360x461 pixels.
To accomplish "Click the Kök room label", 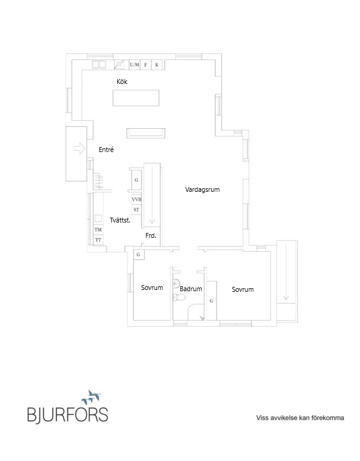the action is (122, 82).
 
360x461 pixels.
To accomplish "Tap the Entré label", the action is (106, 150).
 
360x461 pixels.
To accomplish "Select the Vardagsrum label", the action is (202, 189).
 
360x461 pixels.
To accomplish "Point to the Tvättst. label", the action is (120, 220).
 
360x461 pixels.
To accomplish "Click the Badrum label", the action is (191, 289).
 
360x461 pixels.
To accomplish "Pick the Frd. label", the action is (151, 235).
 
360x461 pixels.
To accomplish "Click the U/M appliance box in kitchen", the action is (134, 65).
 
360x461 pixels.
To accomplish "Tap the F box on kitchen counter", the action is (145, 65).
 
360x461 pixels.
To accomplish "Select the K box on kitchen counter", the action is (157, 65).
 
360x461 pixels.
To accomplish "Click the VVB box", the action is (136, 199).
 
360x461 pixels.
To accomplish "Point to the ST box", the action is (136, 210).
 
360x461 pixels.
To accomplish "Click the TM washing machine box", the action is (98, 230).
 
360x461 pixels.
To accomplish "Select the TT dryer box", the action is (98, 240).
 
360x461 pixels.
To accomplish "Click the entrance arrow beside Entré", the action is (79, 148).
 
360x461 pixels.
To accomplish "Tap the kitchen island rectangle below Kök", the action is (136, 98).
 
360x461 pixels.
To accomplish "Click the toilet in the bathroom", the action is (179, 297).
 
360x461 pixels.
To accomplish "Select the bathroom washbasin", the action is (176, 283).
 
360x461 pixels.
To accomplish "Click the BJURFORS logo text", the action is (67, 415).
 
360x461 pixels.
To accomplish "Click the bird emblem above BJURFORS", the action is (91, 397).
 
